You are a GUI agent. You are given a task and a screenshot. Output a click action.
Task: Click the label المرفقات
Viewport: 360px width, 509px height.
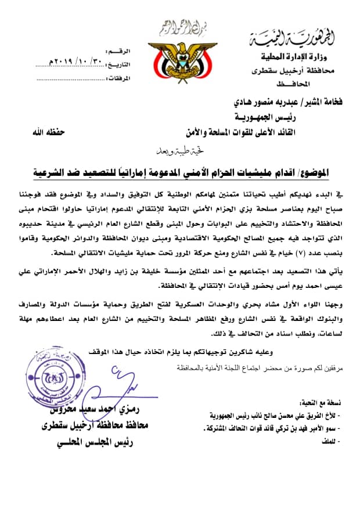tap(118, 78)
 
